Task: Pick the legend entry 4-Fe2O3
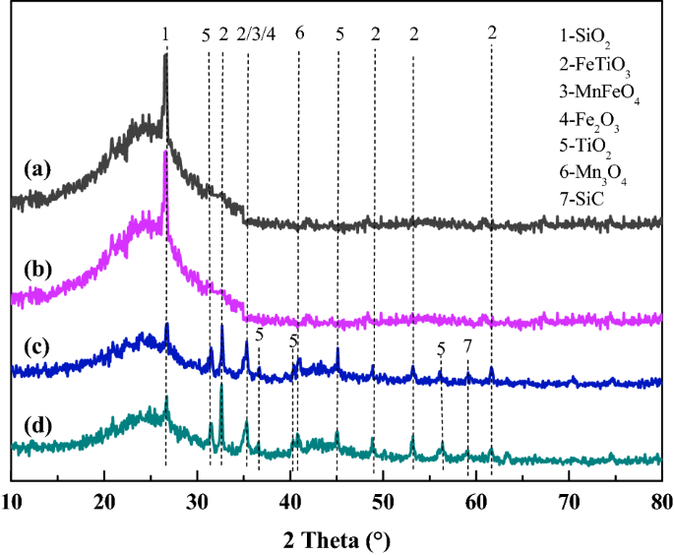pos(588,123)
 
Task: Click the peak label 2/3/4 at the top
pos(257,33)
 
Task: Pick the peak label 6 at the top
pos(299,33)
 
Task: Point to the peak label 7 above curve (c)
pos(467,345)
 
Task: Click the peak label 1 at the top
pos(165,33)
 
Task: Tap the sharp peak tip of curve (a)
pos(165,56)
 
